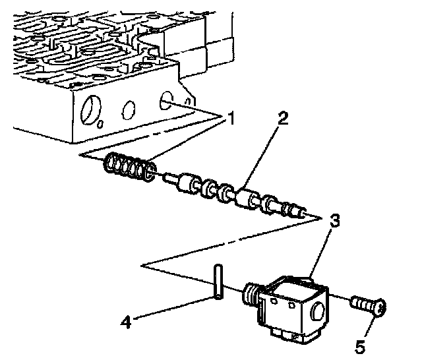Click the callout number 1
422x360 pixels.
230,118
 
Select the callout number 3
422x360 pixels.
334,220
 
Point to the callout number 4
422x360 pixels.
126,322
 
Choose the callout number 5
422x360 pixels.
360,346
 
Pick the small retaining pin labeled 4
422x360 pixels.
218,282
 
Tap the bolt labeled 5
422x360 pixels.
369,306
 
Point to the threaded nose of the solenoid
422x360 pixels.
251,294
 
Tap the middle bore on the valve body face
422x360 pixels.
128,109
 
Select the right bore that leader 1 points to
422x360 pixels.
166,101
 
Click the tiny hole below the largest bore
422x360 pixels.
100,124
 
